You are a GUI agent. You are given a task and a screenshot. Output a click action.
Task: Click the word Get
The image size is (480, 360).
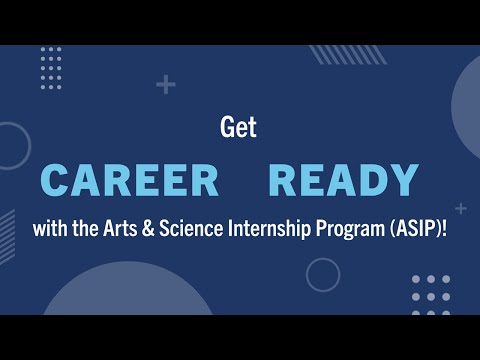[x=239, y=128]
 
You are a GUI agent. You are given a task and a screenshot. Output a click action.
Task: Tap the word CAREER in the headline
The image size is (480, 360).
[x=130, y=181]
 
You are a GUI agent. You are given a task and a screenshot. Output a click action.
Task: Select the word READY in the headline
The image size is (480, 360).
[x=344, y=181]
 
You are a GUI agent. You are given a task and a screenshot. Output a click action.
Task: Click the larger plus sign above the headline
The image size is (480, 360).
[x=166, y=85]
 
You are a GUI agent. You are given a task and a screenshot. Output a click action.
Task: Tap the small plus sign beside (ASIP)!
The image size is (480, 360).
[x=460, y=209]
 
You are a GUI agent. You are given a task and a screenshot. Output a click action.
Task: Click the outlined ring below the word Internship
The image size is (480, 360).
[x=323, y=274]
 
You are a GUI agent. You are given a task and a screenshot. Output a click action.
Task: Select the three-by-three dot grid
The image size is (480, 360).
[x=431, y=295]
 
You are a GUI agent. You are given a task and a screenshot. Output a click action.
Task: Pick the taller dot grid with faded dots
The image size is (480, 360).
[x=51, y=68]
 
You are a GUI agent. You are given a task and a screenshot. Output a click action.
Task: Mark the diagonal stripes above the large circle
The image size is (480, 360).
[x=336, y=54]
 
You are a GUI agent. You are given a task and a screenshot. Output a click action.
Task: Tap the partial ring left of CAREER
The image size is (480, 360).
[x=10, y=150]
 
